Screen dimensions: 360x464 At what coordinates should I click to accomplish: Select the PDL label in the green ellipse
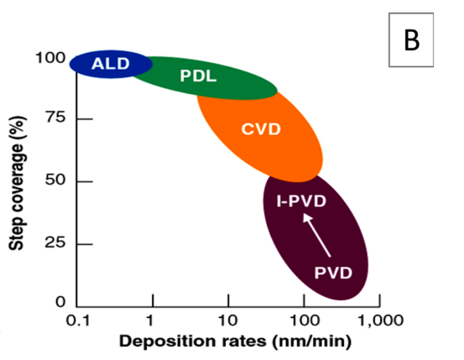click(198, 76)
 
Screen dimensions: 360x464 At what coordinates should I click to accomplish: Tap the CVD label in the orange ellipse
click(260, 129)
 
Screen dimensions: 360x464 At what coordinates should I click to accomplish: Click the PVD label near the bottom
click(332, 273)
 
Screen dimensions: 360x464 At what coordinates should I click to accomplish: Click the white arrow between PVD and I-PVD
click(315, 235)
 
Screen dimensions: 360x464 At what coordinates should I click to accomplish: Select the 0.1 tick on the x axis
click(78, 320)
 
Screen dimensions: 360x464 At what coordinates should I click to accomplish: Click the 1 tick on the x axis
click(151, 320)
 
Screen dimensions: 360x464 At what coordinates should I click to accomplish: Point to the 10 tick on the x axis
click(227, 320)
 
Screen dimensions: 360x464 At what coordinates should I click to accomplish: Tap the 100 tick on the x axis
click(303, 320)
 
